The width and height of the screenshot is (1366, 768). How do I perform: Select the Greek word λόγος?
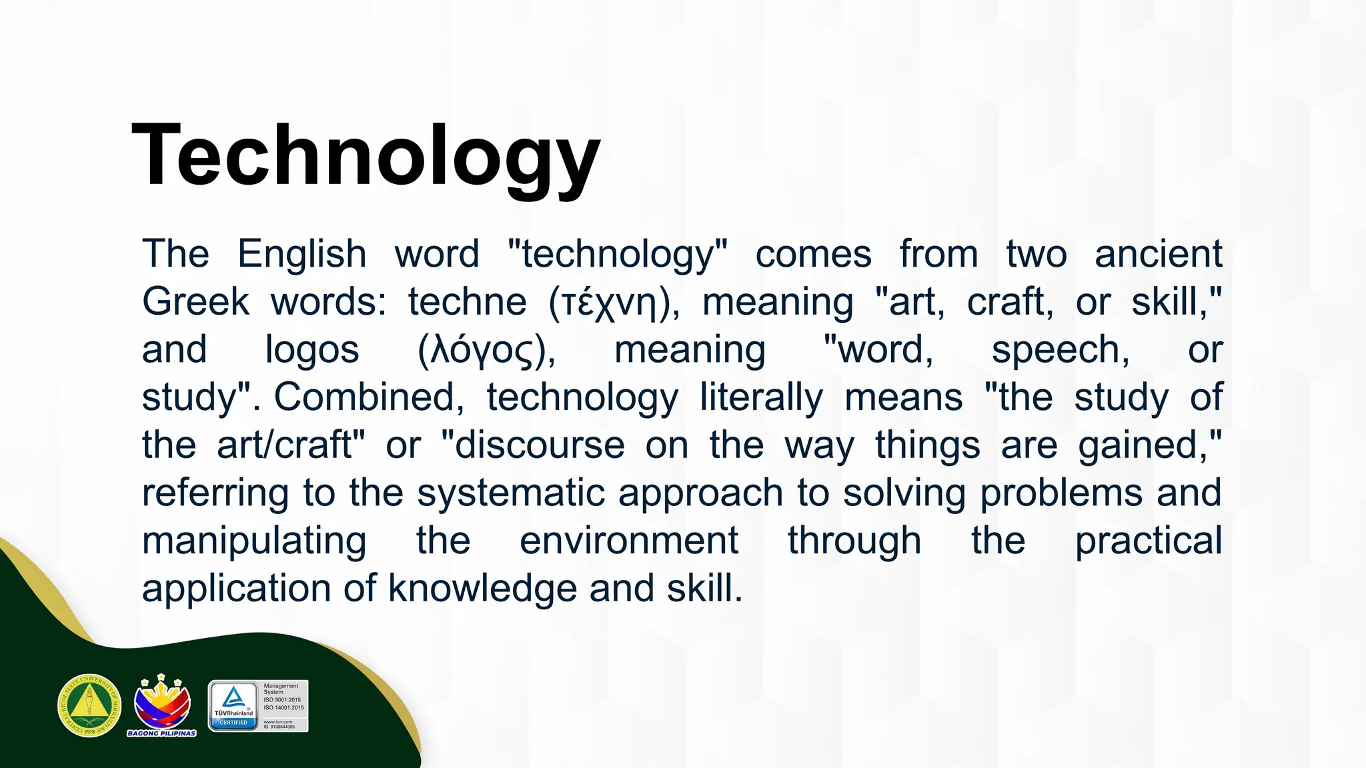486,351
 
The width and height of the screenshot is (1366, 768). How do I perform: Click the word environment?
628,541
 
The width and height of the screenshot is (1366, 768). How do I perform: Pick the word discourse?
539,445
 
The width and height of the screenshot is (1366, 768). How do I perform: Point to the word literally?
761,399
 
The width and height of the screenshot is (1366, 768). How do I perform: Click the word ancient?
1158,255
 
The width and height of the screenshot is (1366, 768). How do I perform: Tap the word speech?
1061,351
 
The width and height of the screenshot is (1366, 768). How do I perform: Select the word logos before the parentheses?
311,351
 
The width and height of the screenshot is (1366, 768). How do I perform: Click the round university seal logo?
89,705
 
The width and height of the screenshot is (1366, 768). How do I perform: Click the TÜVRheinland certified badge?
233,706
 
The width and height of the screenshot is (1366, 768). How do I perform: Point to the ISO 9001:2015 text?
282,700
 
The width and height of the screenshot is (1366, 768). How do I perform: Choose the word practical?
1148,541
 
